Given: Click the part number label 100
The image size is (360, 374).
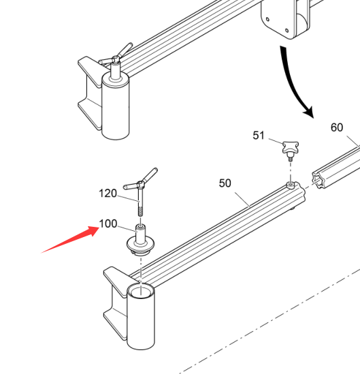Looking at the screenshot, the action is tap(108, 223).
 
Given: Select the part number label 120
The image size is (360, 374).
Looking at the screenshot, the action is tap(108, 193).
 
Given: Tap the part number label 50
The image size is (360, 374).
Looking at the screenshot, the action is tap(225, 183).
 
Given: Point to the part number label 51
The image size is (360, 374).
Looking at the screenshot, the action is tap(259, 136).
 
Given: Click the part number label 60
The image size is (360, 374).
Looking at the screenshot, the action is tap(337, 127).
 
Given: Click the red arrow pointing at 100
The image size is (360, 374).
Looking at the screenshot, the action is tap(70, 239).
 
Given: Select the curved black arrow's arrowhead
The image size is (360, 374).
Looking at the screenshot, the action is tap(308, 112).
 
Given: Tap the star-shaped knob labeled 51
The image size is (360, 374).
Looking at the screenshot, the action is tap(291, 147).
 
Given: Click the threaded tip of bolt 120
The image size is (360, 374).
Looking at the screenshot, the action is tap(141, 211).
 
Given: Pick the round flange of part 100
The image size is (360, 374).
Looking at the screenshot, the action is tap(140, 244).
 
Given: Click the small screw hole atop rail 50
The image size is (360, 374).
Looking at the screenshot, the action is tap(290, 185).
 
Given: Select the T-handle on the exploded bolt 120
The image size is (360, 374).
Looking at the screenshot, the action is tap(140, 180).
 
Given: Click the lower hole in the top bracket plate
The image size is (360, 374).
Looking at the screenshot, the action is tap(287, 31).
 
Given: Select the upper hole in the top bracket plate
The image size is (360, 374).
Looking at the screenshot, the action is tap(267, 19).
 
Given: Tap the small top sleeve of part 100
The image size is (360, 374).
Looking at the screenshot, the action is tap(141, 232).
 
